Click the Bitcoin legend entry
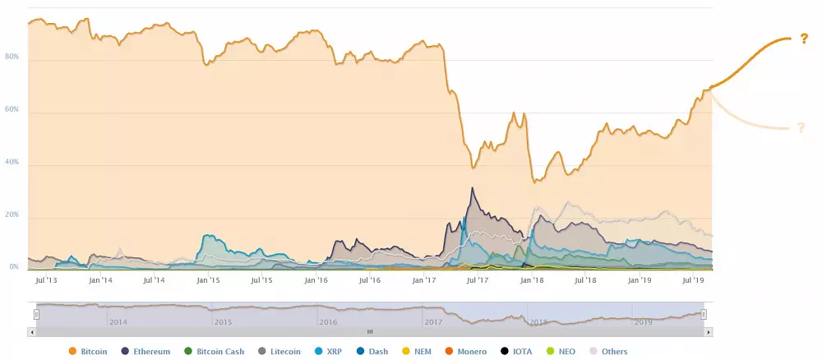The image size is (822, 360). pos(88,352)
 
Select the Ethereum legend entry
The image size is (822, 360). pos(145,352)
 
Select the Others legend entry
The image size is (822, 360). pos(608,352)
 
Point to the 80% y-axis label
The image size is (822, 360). pos(12,58)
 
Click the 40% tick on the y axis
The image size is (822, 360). pos(12,163)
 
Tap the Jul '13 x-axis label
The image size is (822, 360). pos(46,280)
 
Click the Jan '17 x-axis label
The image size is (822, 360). pos(424,280)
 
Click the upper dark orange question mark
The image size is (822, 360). pos(803,39)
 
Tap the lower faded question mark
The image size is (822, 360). pos(799,127)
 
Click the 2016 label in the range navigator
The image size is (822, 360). pos(328,322)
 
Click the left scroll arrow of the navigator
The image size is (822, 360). pos(32,332)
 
